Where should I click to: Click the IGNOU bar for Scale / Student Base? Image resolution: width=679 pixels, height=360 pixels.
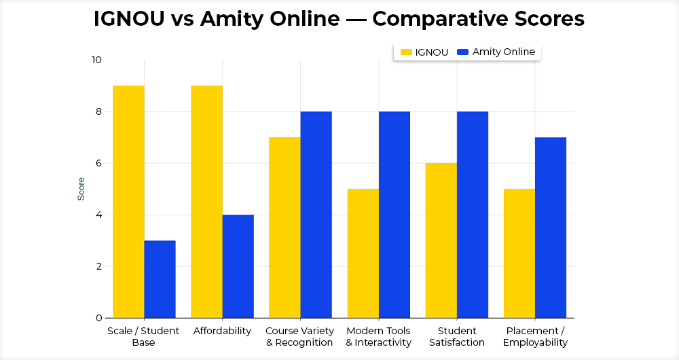(128, 202)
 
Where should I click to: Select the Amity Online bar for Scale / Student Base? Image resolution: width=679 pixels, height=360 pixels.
(160, 279)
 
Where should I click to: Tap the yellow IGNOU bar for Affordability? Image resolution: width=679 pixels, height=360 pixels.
(206, 202)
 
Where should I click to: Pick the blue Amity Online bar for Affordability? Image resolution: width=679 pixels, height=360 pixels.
(238, 266)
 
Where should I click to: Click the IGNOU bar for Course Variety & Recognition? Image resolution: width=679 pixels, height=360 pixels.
(285, 228)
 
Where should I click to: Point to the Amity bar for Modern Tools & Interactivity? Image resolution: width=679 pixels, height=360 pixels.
(394, 215)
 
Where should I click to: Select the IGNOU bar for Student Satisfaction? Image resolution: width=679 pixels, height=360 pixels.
(441, 240)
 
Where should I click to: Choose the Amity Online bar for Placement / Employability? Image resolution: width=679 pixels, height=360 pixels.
(550, 228)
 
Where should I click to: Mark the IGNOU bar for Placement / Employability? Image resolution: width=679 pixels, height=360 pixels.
(519, 253)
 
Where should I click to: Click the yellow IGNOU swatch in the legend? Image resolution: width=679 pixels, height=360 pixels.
(407, 52)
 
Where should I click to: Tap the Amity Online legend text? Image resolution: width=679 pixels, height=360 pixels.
(504, 52)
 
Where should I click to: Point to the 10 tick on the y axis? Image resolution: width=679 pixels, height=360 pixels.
(96, 60)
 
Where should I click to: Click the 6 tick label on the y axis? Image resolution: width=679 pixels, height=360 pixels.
(98, 164)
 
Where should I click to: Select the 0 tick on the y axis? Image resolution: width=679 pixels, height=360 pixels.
(98, 318)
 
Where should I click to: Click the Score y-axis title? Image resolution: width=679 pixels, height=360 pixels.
(81, 189)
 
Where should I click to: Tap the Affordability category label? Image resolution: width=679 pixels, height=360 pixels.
(222, 331)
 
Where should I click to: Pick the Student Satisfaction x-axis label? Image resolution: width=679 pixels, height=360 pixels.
(456, 337)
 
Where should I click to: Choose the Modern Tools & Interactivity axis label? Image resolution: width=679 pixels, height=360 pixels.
(378, 337)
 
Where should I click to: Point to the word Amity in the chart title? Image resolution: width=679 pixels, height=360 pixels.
(227, 19)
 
